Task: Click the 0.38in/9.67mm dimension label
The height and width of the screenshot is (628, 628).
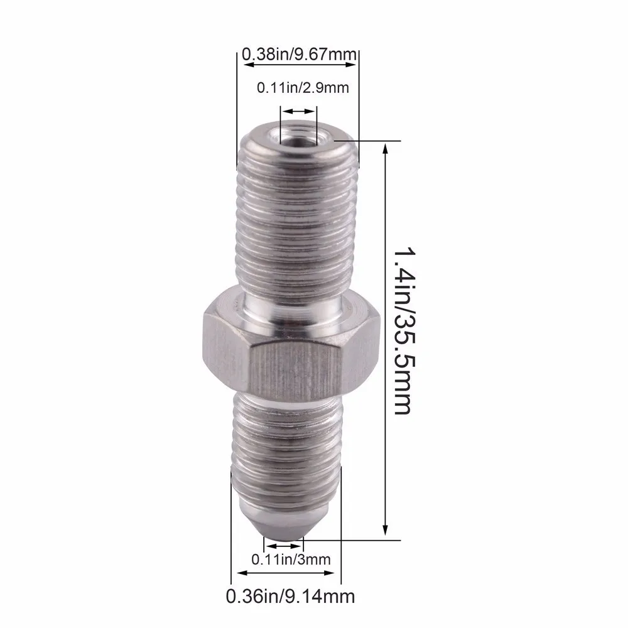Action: click(299, 54)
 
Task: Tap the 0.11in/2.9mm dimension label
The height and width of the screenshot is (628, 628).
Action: click(303, 88)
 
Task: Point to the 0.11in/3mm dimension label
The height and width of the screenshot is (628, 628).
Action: click(291, 560)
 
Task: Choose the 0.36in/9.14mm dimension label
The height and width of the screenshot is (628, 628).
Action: click(290, 597)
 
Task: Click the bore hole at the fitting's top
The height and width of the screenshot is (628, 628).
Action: click(298, 139)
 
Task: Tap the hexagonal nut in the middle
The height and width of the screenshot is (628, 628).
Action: click(292, 340)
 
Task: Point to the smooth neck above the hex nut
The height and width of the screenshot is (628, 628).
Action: click(293, 310)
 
